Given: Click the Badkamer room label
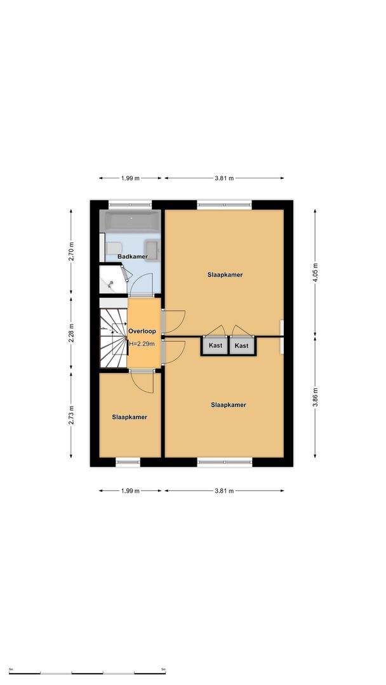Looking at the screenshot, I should pos(133,256).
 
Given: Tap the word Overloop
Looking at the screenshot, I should pos(142,331).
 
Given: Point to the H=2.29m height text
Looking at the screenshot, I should pos(142,344).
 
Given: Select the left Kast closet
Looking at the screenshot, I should pos(215,346).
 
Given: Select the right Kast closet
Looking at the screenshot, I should pos(241,346).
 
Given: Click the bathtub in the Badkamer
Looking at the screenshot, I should pos(132,221).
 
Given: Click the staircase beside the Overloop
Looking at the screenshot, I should pos(112,336).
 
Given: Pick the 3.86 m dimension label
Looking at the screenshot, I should pos(316,398).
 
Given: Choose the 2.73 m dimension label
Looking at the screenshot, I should pos(71,414).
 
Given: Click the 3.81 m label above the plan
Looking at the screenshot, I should pos(223,178).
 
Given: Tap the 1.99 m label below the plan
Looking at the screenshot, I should pos(130,490).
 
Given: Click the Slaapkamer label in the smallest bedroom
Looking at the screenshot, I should pos(130,417).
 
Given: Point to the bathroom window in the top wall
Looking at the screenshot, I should pos(130,204).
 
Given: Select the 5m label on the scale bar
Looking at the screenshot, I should pos(163,670).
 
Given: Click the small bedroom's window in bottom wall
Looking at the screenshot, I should pos(128,462).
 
